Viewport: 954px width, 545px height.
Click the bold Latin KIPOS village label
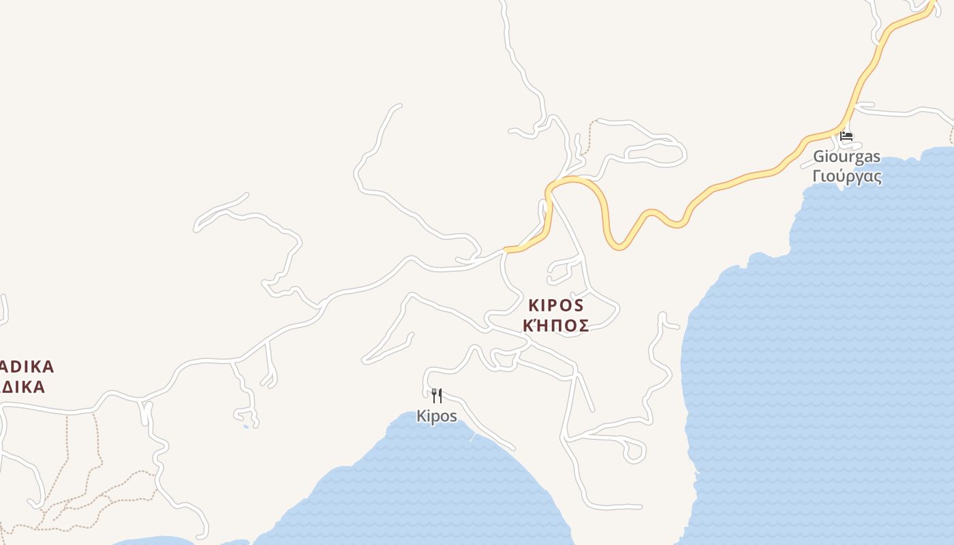tap(555, 305)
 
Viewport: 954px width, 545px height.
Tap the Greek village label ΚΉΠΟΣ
tap(555, 326)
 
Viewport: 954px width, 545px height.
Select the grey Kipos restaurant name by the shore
tap(437, 416)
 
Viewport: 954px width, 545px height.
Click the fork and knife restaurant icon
tap(437, 395)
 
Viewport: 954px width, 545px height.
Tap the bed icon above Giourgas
tap(846, 136)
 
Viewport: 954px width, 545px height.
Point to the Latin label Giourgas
tap(846, 157)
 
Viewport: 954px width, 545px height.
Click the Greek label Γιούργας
tap(847, 176)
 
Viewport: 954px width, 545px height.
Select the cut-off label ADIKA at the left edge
tap(27, 367)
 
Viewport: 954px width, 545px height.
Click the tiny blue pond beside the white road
tap(246, 427)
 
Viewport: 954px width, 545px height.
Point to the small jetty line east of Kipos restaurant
tap(473, 437)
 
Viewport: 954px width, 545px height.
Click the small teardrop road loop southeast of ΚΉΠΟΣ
tap(634, 451)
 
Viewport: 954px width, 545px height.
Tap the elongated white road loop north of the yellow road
tap(654, 153)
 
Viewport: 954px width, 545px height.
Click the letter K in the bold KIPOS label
tap(533, 305)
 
